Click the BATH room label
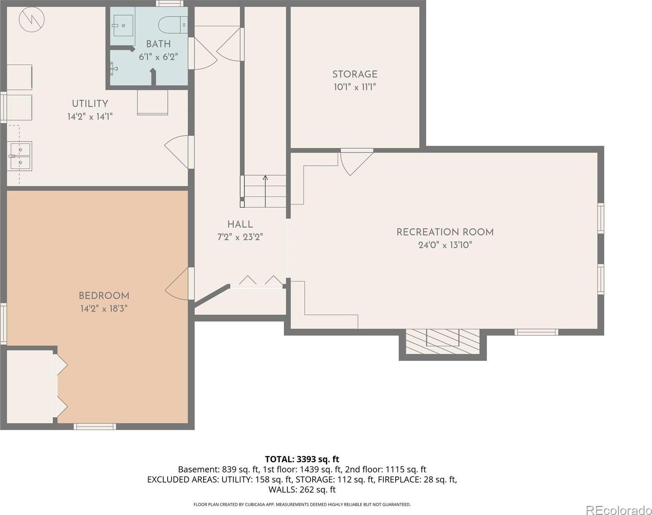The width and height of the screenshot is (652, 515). tap(158, 44)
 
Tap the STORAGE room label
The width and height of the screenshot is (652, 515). tap(355, 74)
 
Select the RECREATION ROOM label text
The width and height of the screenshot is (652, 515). tap(445, 232)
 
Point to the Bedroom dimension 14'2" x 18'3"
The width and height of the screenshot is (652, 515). tap(104, 309)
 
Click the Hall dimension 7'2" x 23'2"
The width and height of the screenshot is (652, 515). tap(240, 237)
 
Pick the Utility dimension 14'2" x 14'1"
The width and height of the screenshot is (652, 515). tap(90, 116)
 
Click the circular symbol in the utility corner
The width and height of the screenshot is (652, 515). tap(31, 19)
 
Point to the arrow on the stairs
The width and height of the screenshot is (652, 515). tap(265, 191)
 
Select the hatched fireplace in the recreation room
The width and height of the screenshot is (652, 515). tap(443, 341)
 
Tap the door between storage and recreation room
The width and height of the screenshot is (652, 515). tap(357, 162)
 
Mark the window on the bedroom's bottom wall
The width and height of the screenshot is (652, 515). tap(95, 426)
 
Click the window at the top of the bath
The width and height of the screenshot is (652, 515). tap(170, 4)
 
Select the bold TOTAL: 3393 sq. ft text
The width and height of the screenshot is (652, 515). tap(302, 459)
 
